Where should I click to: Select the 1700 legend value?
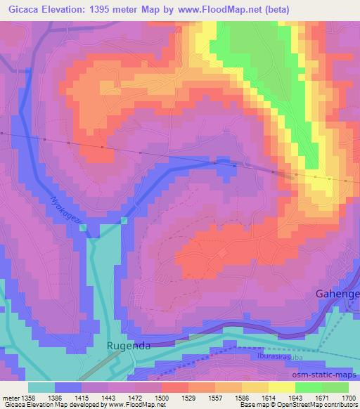(x=349, y=398)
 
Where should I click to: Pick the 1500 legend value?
(x=162, y=398)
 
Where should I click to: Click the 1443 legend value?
(x=108, y=398)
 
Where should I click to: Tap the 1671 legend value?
(x=322, y=398)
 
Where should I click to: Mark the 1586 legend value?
(x=242, y=398)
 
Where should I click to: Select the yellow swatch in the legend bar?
(x=282, y=387)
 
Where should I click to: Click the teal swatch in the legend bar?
(x=41, y=387)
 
